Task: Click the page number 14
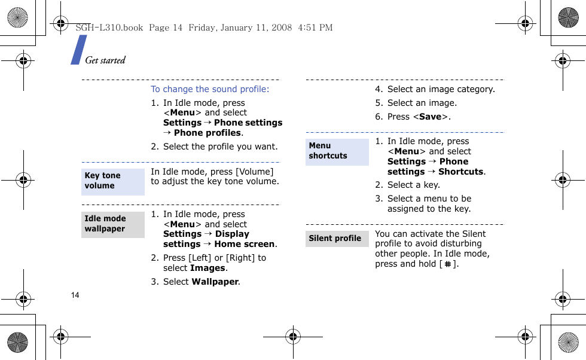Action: [75, 295]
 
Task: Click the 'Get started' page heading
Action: [105, 60]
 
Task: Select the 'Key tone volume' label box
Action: [113, 181]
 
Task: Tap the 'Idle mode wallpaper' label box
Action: [113, 224]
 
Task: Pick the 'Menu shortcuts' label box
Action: [337, 151]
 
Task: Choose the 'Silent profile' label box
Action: [337, 239]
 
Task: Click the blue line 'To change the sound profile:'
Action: [210, 89]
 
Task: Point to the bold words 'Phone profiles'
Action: [207, 133]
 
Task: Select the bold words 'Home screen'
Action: [245, 244]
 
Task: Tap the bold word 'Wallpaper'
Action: [215, 282]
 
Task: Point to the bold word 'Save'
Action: [430, 117]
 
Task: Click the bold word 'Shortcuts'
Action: [460, 172]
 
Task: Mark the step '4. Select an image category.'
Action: [435, 89]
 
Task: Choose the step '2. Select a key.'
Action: [407, 185]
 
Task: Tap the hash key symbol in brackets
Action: [448, 264]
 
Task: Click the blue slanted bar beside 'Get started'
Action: [78, 50]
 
